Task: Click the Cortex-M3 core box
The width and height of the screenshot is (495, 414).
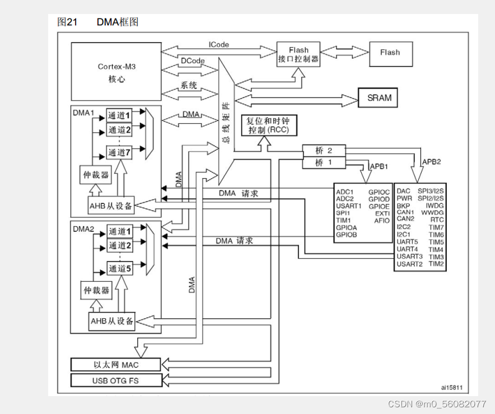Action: coord(116,72)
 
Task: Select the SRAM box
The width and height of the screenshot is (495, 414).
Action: coord(379,98)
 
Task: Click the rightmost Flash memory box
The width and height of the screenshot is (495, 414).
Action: coord(390,53)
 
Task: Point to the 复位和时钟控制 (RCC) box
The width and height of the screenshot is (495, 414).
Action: coord(268,125)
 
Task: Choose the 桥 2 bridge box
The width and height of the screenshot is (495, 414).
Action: coord(324,151)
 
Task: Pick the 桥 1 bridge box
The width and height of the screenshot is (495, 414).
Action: coord(324,162)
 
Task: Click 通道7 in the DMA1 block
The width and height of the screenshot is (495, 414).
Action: coord(119,152)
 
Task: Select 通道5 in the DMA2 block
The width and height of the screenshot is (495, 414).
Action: coord(119,269)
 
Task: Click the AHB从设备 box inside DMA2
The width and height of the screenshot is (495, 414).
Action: coord(112,321)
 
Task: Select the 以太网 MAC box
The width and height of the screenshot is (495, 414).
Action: coord(116,365)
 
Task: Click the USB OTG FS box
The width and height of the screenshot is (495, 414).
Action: coord(116,381)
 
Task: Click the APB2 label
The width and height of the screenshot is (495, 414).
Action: coord(431,161)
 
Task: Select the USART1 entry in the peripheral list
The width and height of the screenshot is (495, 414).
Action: coord(349,206)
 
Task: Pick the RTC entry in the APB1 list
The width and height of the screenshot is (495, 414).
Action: coord(437,220)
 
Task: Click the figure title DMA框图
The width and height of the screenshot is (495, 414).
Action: coord(118,22)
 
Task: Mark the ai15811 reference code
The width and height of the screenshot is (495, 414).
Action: coord(451,387)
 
